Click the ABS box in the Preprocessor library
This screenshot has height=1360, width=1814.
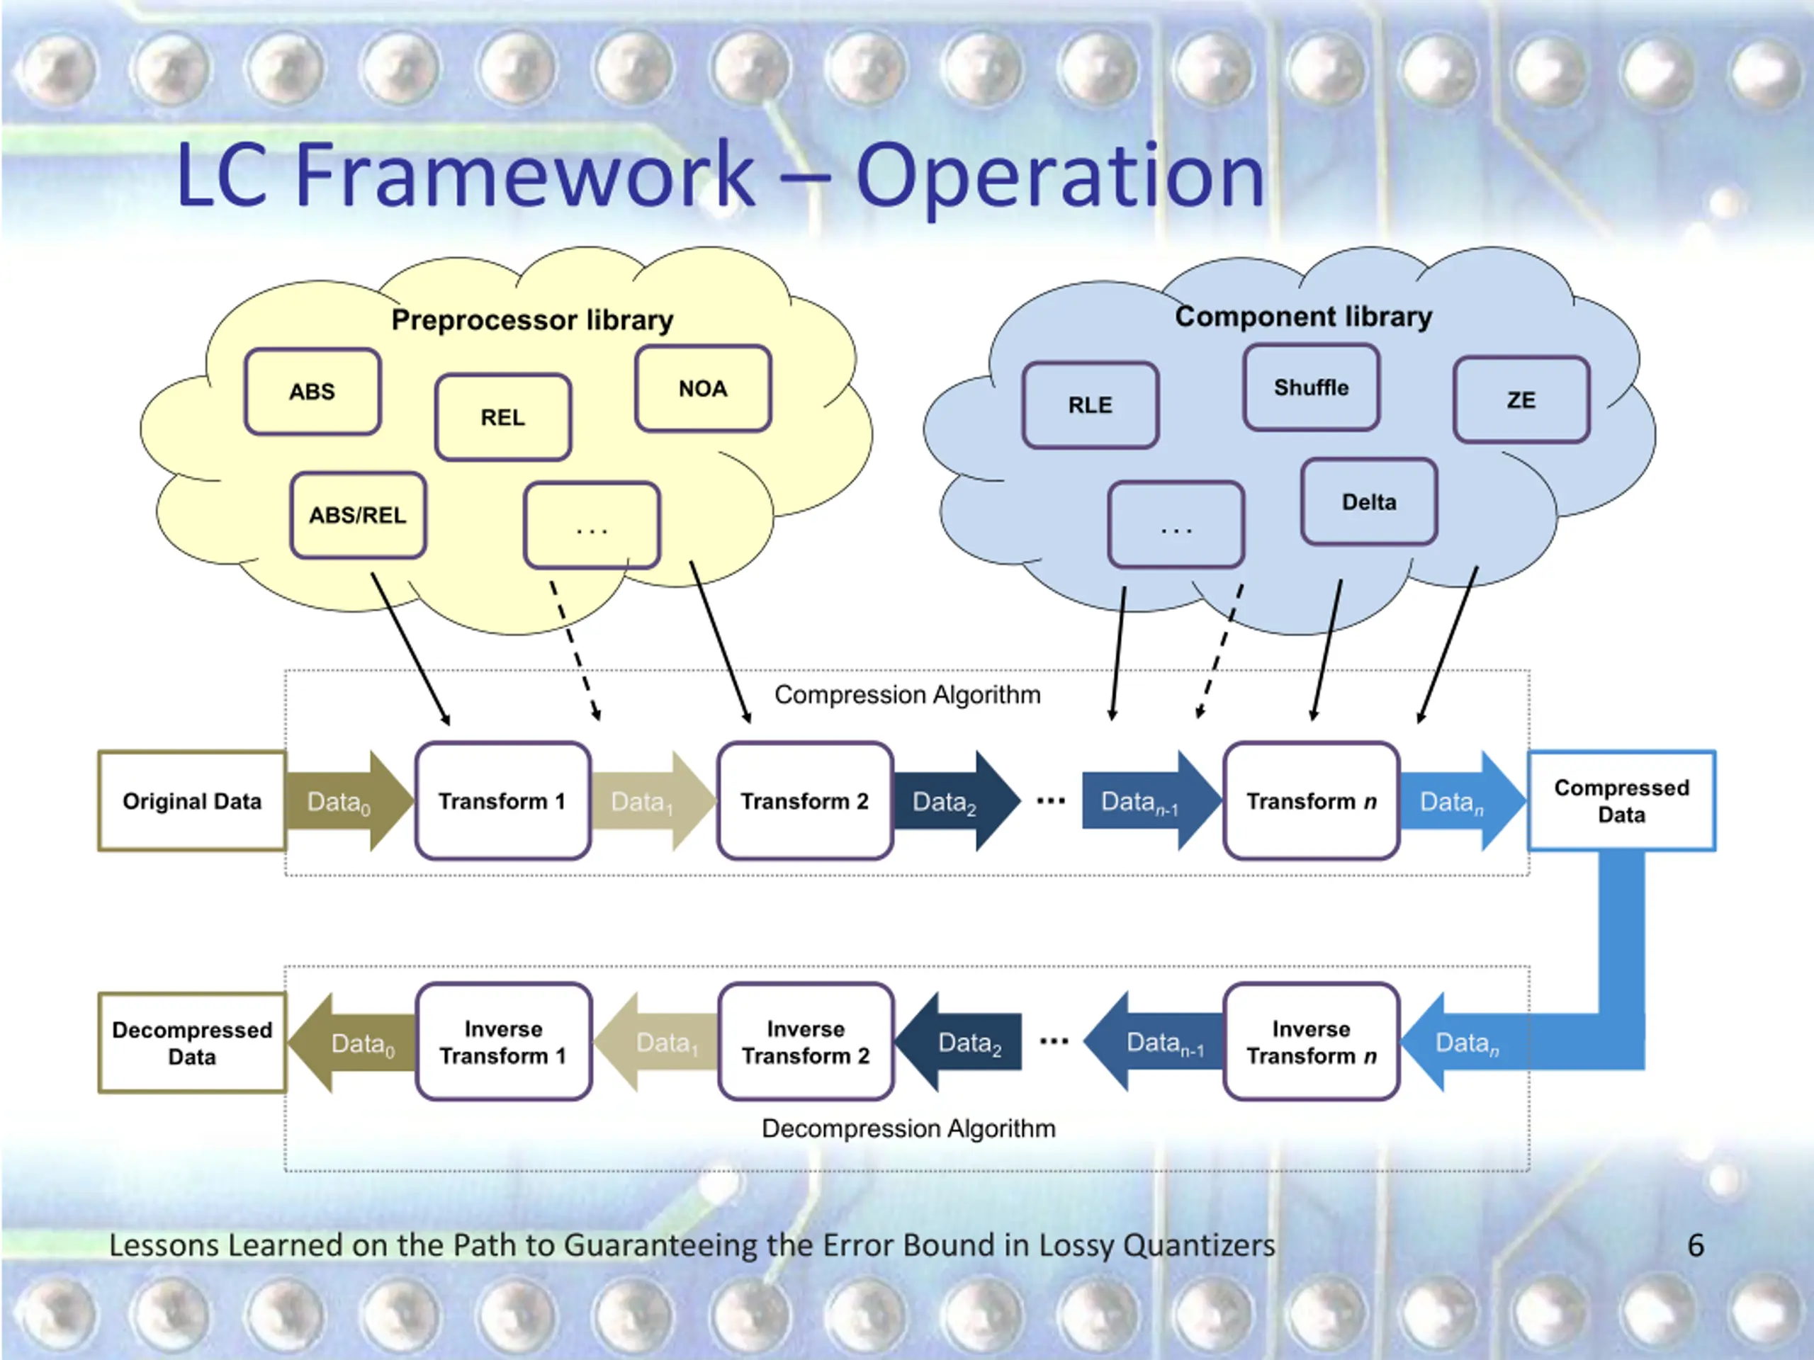[x=312, y=392]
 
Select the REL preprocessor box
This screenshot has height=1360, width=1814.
[x=502, y=417]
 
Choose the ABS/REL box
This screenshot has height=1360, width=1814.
[x=359, y=515]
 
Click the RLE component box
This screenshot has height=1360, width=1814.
[x=1091, y=405]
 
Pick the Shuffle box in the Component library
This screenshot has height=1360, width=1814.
[x=1312, y=387]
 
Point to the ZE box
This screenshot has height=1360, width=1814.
[x=1521, y=399]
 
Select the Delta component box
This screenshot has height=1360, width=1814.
[x=1369, y=501]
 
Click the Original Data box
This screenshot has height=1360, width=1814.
[x=192, y=801]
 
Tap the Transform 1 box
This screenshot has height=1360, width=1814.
[x=502, y=801]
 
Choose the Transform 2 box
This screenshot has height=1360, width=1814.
[x=805, y=801]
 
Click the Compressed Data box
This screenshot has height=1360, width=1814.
[x=1621, y=801]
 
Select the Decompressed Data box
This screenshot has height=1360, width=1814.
[x=192, y=1043]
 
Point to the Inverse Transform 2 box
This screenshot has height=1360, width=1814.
[x=805, y=1042]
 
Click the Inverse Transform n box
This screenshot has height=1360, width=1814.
[x=1312, y=1042]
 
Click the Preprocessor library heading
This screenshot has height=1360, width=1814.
[x=532, y=319]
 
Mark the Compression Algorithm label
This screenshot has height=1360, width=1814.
[x=908, y=695]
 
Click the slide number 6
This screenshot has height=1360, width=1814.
[x=1696, y=1245]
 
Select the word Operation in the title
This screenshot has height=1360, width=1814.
[x=1061, y=177]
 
